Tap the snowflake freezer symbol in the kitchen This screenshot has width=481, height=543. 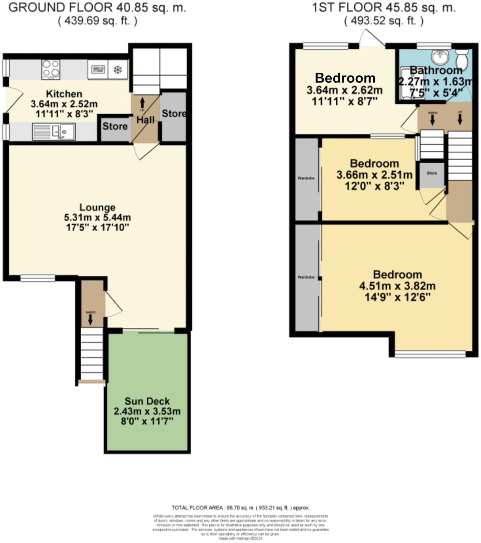click(117, 70)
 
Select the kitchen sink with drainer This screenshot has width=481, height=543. click(54, 131)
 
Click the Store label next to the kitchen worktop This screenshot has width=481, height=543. click(115, 126)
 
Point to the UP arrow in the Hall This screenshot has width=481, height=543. click(142, 103)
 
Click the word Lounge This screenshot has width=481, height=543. click(97, 208)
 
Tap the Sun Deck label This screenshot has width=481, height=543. click(147, 401)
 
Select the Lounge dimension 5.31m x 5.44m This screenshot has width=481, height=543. click(97, 217)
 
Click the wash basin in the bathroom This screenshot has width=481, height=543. click(442, 57)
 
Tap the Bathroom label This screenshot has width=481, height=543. click(436, 70)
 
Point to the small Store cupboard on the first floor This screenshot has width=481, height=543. click(432, 175)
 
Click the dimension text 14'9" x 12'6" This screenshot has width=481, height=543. click(397, 297)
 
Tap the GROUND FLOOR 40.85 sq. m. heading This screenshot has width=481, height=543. click(97, 8)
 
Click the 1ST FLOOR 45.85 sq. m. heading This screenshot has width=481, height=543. click(384, 8)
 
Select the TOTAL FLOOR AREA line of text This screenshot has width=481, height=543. click(240, 508)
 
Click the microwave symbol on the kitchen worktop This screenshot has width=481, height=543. click(98, 70)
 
